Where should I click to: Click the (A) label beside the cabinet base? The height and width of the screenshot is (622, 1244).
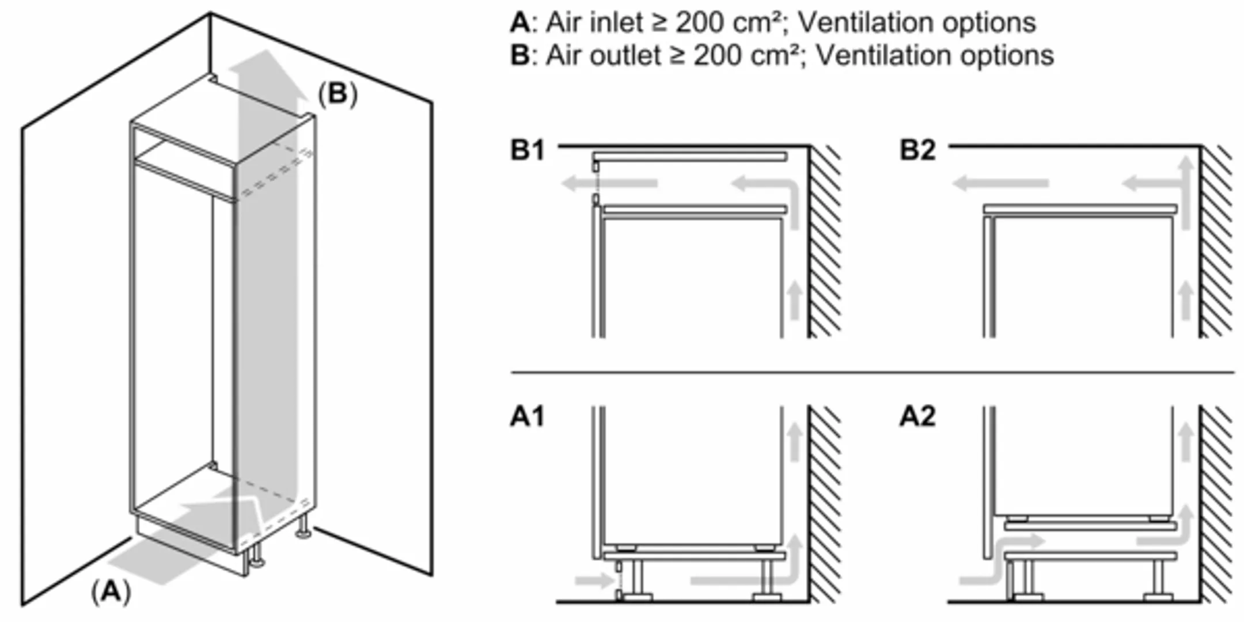coord(111,592)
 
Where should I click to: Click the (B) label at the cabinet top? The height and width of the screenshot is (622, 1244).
coord(337,93)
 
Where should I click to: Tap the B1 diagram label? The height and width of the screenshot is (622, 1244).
coord(527,150)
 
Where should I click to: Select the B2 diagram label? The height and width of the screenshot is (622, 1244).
coord(917,150)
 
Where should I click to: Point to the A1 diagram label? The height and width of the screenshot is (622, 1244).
coord(527,416)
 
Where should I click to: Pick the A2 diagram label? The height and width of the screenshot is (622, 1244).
coord(917,416)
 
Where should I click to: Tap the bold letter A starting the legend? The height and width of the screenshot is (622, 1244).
coord(519,23)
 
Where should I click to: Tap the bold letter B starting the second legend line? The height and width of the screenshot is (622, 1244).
coord(519,56)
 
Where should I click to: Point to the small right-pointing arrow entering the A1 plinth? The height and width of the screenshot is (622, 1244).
coord(597,580)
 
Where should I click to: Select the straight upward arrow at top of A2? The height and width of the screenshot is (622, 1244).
coord(1185,441)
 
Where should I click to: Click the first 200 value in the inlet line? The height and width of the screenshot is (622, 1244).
coord(699,23)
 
